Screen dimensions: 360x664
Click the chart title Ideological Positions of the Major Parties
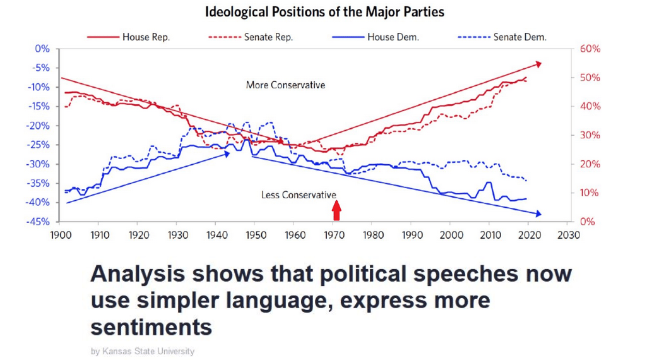click(x=325, y=11)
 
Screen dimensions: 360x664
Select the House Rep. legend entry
click(x=146, y=37)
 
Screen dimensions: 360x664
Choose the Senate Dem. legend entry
click(x=519, y=37)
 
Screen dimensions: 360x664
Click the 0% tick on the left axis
click(x=43, y=49)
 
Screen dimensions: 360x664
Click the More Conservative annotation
click(x=285, y=85)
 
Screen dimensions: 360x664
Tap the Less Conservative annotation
click(x=299, y=195)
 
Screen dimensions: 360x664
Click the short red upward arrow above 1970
click(x=337, y=210)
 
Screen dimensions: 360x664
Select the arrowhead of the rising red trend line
click(x=538, y=63)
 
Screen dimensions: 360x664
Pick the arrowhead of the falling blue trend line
click(x=538, y=214)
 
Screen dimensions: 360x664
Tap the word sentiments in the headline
click(x=151, y=328)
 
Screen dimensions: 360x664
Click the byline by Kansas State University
click(x=143, y=351)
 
